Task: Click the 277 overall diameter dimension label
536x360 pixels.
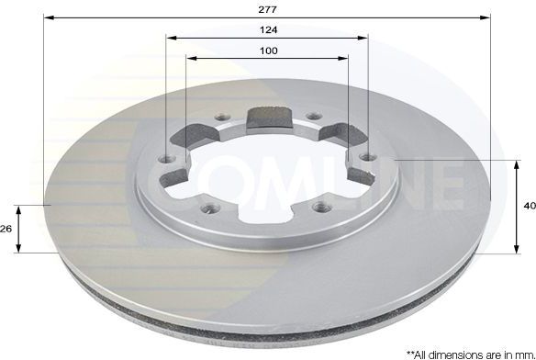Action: tap(267, 9)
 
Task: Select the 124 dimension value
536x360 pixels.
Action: tap(268, 30)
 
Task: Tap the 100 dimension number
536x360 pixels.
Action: tap(269, 51)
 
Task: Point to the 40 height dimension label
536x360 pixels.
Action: tap(530, 206)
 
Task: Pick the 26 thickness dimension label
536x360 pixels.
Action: tap(6, 229)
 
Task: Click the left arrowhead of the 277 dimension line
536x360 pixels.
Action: tap(50, 17)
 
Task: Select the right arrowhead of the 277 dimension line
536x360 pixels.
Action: tap(486, 17)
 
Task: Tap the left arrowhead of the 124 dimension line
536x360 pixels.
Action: tap(172, 38)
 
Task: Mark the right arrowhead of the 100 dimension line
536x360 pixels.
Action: tap(342, 58)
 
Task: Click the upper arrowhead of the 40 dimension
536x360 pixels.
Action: tap(517, 165)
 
